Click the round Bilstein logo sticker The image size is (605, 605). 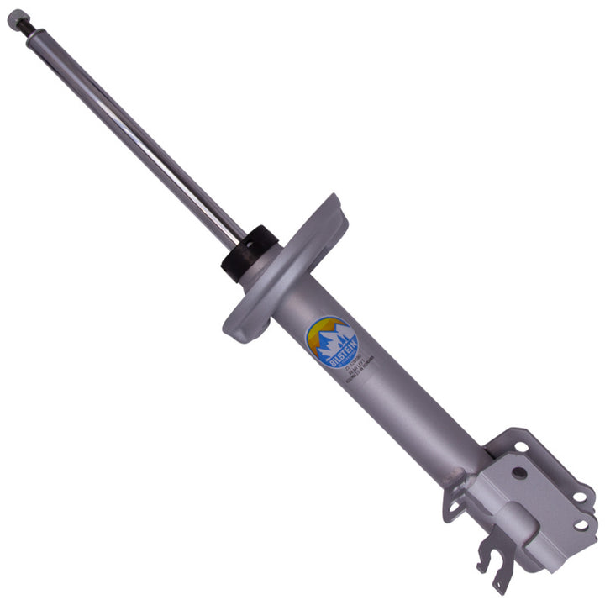(331, 341)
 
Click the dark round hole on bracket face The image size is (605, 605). (518, 473)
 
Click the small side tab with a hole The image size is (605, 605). (455, 504)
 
